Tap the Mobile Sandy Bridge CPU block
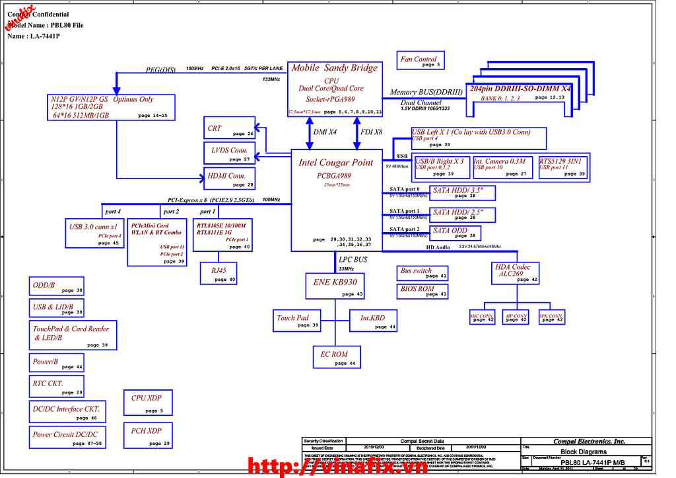tap(335, 87)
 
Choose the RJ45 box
tap(219, 273)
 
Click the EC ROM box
tap(336, 357)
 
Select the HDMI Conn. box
tap(229, 179)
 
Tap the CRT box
tap(229, 130)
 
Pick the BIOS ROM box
tap(423, 291)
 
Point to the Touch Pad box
tap(297, 321)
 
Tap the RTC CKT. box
tap(57, 386)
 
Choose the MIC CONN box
tap(482, 317)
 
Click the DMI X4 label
tap(324, 132)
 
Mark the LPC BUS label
tap(353, 260)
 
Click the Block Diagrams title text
tap(584, 452)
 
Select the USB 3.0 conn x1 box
tap(94, 233)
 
